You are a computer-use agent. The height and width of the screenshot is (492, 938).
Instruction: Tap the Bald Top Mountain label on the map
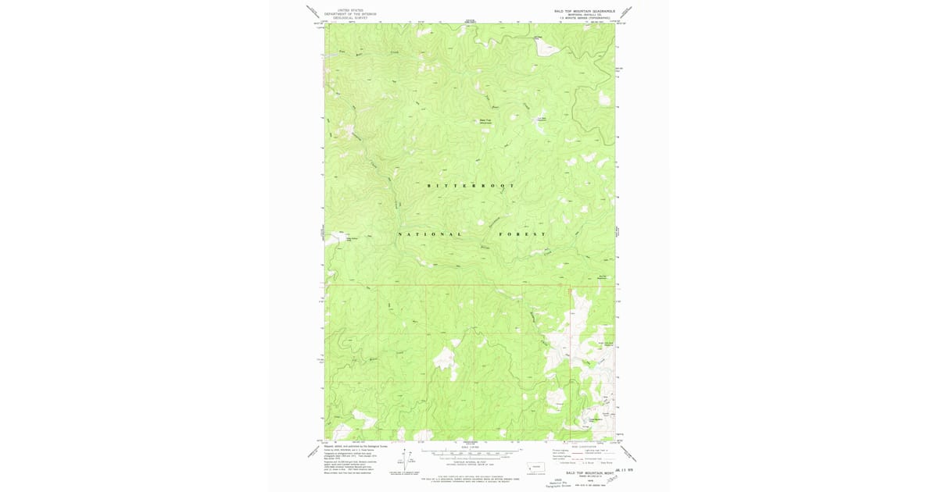tap(485, 121)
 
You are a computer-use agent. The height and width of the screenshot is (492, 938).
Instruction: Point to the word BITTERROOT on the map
tap(471, 186)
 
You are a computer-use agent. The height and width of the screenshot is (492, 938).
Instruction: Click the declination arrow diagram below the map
tap(405, 460)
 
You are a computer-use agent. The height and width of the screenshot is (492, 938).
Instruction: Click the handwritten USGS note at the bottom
tap(558, 483)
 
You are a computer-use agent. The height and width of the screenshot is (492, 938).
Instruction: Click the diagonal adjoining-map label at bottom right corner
tap(628, 454)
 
